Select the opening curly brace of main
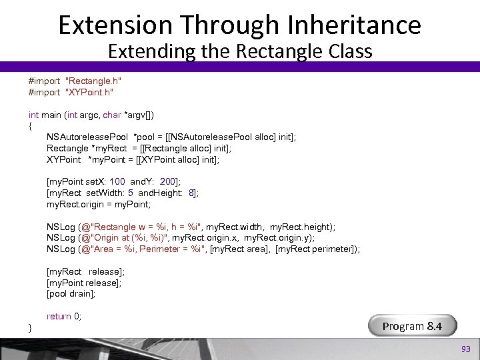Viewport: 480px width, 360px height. coord(30,125)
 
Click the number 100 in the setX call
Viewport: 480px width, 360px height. coord(117,181)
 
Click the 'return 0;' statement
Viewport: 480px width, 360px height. coord(64,316)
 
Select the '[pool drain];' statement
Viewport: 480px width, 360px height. coord(71,294)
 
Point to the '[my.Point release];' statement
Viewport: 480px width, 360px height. coord(85,283)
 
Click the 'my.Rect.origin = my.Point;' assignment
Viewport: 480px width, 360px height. coord(99,204)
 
